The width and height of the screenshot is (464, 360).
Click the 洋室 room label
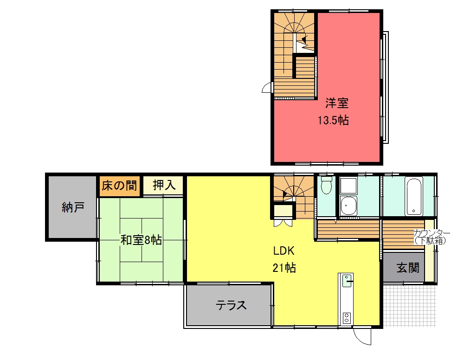(x=337, y=103)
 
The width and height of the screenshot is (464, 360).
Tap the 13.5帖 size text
(x=333, y=121)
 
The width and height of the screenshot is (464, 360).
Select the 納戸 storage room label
(x=73, y=207)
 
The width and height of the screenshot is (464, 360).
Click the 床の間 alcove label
(x=119, y=186)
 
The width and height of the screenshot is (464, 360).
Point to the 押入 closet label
(x=164, y=185)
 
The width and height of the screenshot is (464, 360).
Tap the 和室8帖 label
(x=141, y=240)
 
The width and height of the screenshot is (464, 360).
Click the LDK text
(x=284, y=251)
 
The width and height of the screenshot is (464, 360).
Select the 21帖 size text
(x=284, y=268)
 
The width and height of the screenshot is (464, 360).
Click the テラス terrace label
(x=231, y=305)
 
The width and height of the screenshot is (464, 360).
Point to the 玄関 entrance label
(x=408, y=268)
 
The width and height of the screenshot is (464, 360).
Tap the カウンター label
(x=432, y=232)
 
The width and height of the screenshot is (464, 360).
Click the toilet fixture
(x=326, y=185)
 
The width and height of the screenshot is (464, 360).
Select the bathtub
(x=414, y=196)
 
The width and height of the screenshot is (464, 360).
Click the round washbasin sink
(x=348, y=206)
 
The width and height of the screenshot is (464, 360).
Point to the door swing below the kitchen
(x=362, y=336)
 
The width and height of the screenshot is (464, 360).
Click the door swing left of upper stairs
(x=267, y=88)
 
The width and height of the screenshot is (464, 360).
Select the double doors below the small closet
(x=283, y=223)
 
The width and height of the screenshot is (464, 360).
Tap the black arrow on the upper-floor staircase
(x=304, y=39)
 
